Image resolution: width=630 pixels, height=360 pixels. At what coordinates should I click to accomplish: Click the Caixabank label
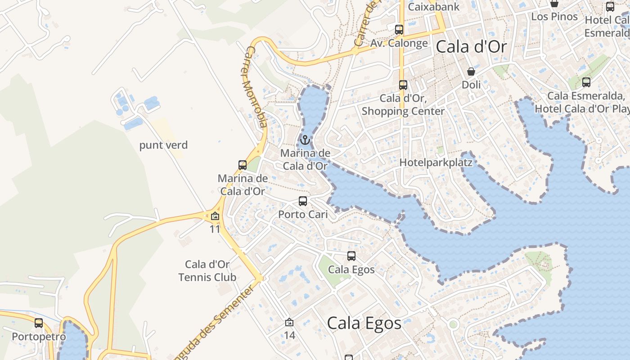434,7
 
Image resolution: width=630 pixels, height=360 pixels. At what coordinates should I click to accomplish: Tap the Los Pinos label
554,17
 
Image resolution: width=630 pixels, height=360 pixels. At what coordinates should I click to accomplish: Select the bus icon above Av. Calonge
399,30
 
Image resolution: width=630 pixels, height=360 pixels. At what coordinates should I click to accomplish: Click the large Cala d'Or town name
471,47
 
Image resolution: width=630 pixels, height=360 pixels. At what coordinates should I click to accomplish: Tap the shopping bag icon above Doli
471,72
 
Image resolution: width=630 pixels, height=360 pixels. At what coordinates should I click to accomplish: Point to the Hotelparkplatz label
436,162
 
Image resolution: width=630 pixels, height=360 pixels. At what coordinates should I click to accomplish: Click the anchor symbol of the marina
305,140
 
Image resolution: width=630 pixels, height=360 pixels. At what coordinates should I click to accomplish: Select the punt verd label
163,145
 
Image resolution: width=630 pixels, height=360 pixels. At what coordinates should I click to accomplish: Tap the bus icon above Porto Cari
303,201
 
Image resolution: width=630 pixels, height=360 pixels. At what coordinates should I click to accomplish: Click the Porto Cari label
303,214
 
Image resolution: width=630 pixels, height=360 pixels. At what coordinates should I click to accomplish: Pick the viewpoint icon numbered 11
215,216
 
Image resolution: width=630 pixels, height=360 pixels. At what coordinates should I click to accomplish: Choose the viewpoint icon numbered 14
289,322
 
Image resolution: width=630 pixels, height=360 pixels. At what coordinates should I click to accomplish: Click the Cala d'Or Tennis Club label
207,270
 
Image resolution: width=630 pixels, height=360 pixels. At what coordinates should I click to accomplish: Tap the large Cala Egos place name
364,323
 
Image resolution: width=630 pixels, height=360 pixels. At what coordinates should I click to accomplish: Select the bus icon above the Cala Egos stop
351,256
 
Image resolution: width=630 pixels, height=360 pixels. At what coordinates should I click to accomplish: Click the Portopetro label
39,336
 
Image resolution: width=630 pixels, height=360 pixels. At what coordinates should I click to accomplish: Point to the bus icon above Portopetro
39,323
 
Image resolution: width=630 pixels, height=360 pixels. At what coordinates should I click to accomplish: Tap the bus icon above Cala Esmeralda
586,82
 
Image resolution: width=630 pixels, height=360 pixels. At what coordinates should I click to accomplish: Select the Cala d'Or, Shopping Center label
403,104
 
